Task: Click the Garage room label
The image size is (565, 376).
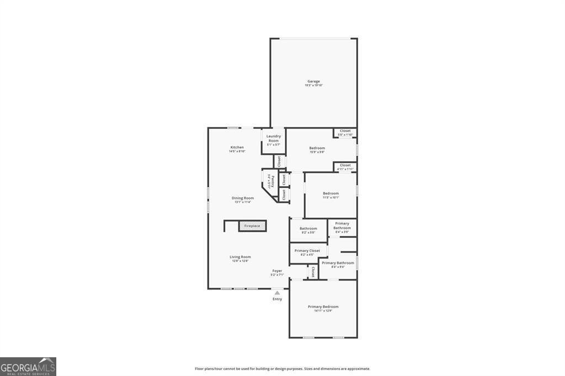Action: coord(313,82)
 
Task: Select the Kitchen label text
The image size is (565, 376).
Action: coord(237,147)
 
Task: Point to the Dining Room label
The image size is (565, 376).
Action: coord(242,198)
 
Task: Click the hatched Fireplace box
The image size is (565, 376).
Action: coord(252,226)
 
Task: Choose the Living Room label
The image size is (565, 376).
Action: coord(240,256)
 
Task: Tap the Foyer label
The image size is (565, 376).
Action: coord(277,271)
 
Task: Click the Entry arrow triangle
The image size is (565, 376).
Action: coord(277,293)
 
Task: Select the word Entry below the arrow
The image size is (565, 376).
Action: coord(277,299)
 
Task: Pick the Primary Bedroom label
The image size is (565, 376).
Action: coord(323,307)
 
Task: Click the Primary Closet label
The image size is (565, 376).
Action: coord(307,250)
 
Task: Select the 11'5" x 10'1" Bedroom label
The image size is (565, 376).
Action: coord(331,195)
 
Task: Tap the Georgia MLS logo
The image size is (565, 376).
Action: coord(28,367)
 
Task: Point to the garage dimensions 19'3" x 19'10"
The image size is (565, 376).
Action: coord(313,85)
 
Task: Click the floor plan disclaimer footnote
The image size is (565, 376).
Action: coord(282,369)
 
